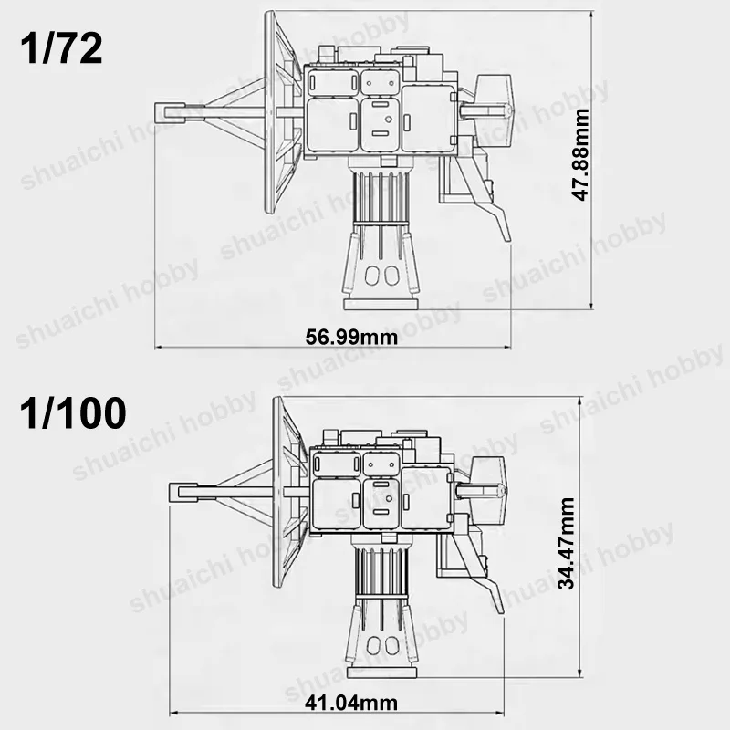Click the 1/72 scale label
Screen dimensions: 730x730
coord(61,49)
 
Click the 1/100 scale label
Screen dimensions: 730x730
coord(73,413)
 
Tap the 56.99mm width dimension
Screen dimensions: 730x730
coord(351,337)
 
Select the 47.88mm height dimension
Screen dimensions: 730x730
coord(581,154)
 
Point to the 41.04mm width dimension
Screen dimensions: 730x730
coord(351,703)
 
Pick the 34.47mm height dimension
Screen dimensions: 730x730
coord(567,543)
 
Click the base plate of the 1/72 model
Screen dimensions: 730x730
coord(381,305)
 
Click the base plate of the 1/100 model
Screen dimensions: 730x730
coord(381,672)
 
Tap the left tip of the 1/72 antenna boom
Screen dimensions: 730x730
coord(155,111)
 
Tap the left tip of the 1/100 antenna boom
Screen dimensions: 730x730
coord(170,492)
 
